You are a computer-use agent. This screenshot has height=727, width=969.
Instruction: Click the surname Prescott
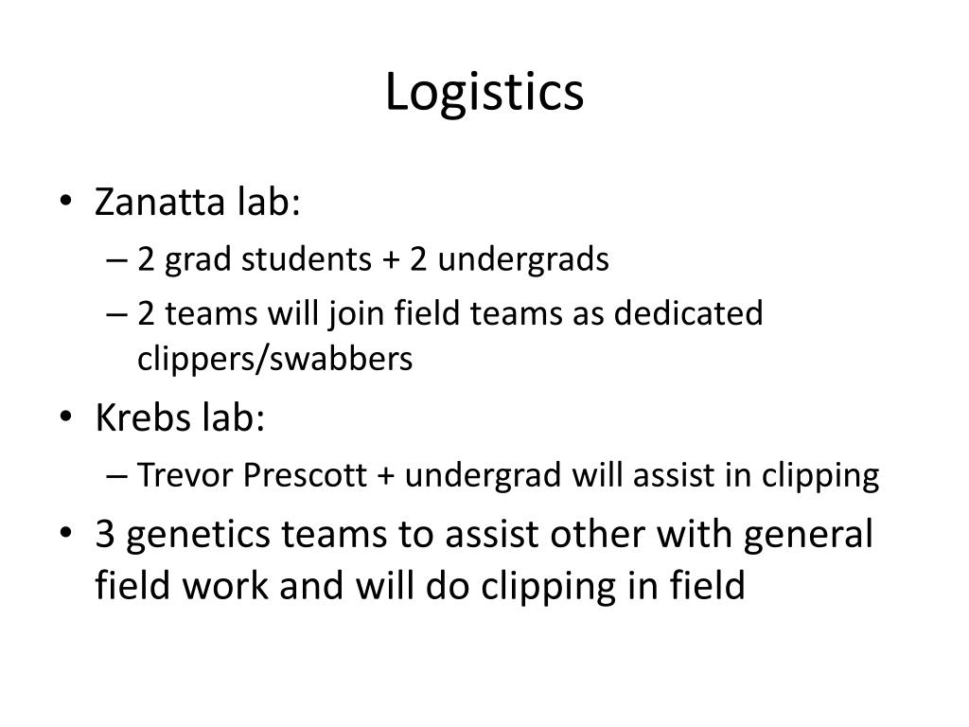click(306, 475)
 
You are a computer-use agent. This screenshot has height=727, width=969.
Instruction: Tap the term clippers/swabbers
click(274, 360)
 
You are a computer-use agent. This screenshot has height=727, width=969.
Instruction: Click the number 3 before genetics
click(106, 535)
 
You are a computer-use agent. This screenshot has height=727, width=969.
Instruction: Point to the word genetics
click(196, 537)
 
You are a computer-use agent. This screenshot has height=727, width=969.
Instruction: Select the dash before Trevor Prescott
click(120, 476)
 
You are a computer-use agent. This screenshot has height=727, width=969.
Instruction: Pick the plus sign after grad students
click(390, 260)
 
